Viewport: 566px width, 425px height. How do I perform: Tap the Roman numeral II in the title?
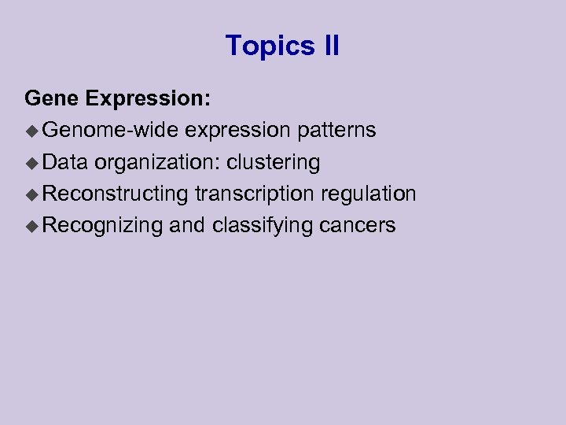click(331, 46)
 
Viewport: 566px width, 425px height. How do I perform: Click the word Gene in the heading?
click(52, 98)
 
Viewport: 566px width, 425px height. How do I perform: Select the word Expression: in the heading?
click(148, 99)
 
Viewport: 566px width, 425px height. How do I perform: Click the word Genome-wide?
click(111, 130)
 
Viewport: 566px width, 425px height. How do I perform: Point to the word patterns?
click(336, 131)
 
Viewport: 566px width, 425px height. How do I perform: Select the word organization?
click(157, 163)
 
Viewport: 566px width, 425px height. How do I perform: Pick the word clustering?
click(274, 163)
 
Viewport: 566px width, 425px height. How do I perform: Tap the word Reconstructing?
click(116, 194)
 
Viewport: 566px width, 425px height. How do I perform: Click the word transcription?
click(251, 194)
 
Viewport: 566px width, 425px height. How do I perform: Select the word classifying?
click(263, 226)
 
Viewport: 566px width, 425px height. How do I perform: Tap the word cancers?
click(358, 226)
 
